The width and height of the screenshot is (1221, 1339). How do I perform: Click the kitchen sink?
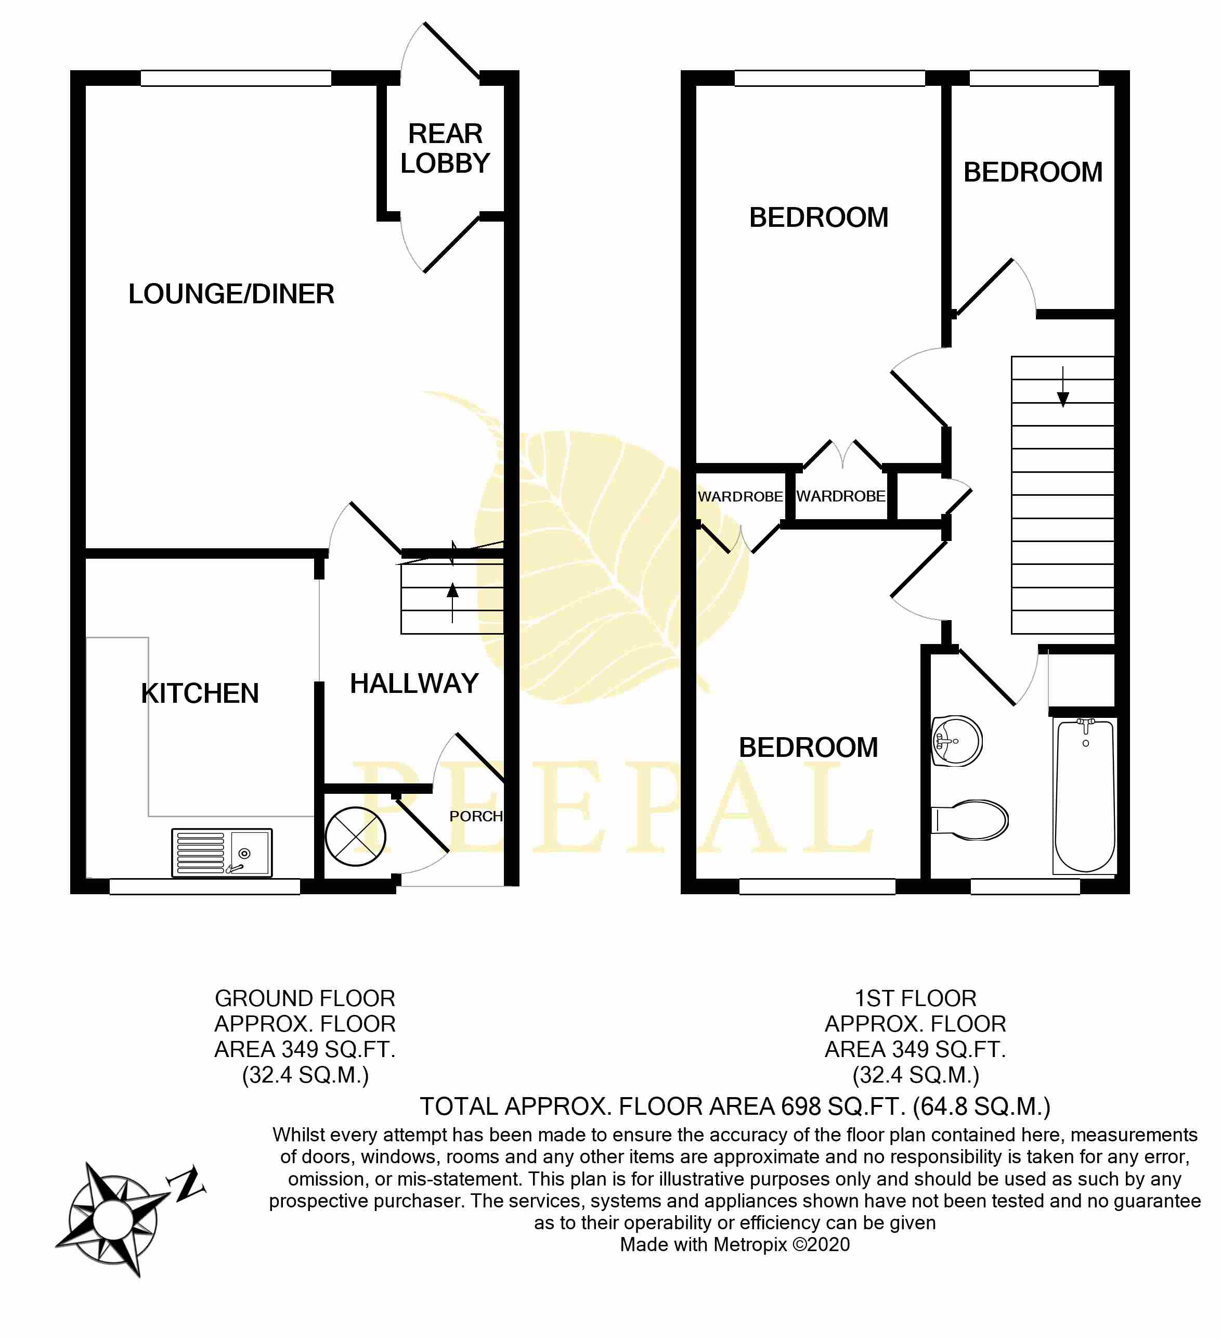pos(222,852)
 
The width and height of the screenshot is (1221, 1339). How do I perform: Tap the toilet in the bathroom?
pos(970,820)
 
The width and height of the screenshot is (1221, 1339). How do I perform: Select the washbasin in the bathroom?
pos(957,741)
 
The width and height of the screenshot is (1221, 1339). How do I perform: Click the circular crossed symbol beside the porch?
pos(355,836)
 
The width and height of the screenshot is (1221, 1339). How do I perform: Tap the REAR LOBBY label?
pos(445,148)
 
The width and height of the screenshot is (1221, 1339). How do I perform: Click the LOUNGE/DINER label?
pos(231,293)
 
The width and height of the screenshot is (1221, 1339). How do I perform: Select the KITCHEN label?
pos(200,693)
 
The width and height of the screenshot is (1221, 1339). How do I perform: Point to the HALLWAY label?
pos(414,684)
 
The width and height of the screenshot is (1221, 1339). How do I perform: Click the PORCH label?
pos(476,816)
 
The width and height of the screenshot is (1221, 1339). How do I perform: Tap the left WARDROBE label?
pos(741,497)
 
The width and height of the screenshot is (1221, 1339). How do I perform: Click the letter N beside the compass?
pos(187,1183)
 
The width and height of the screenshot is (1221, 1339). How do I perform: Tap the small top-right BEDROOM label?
pos(1033,172)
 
